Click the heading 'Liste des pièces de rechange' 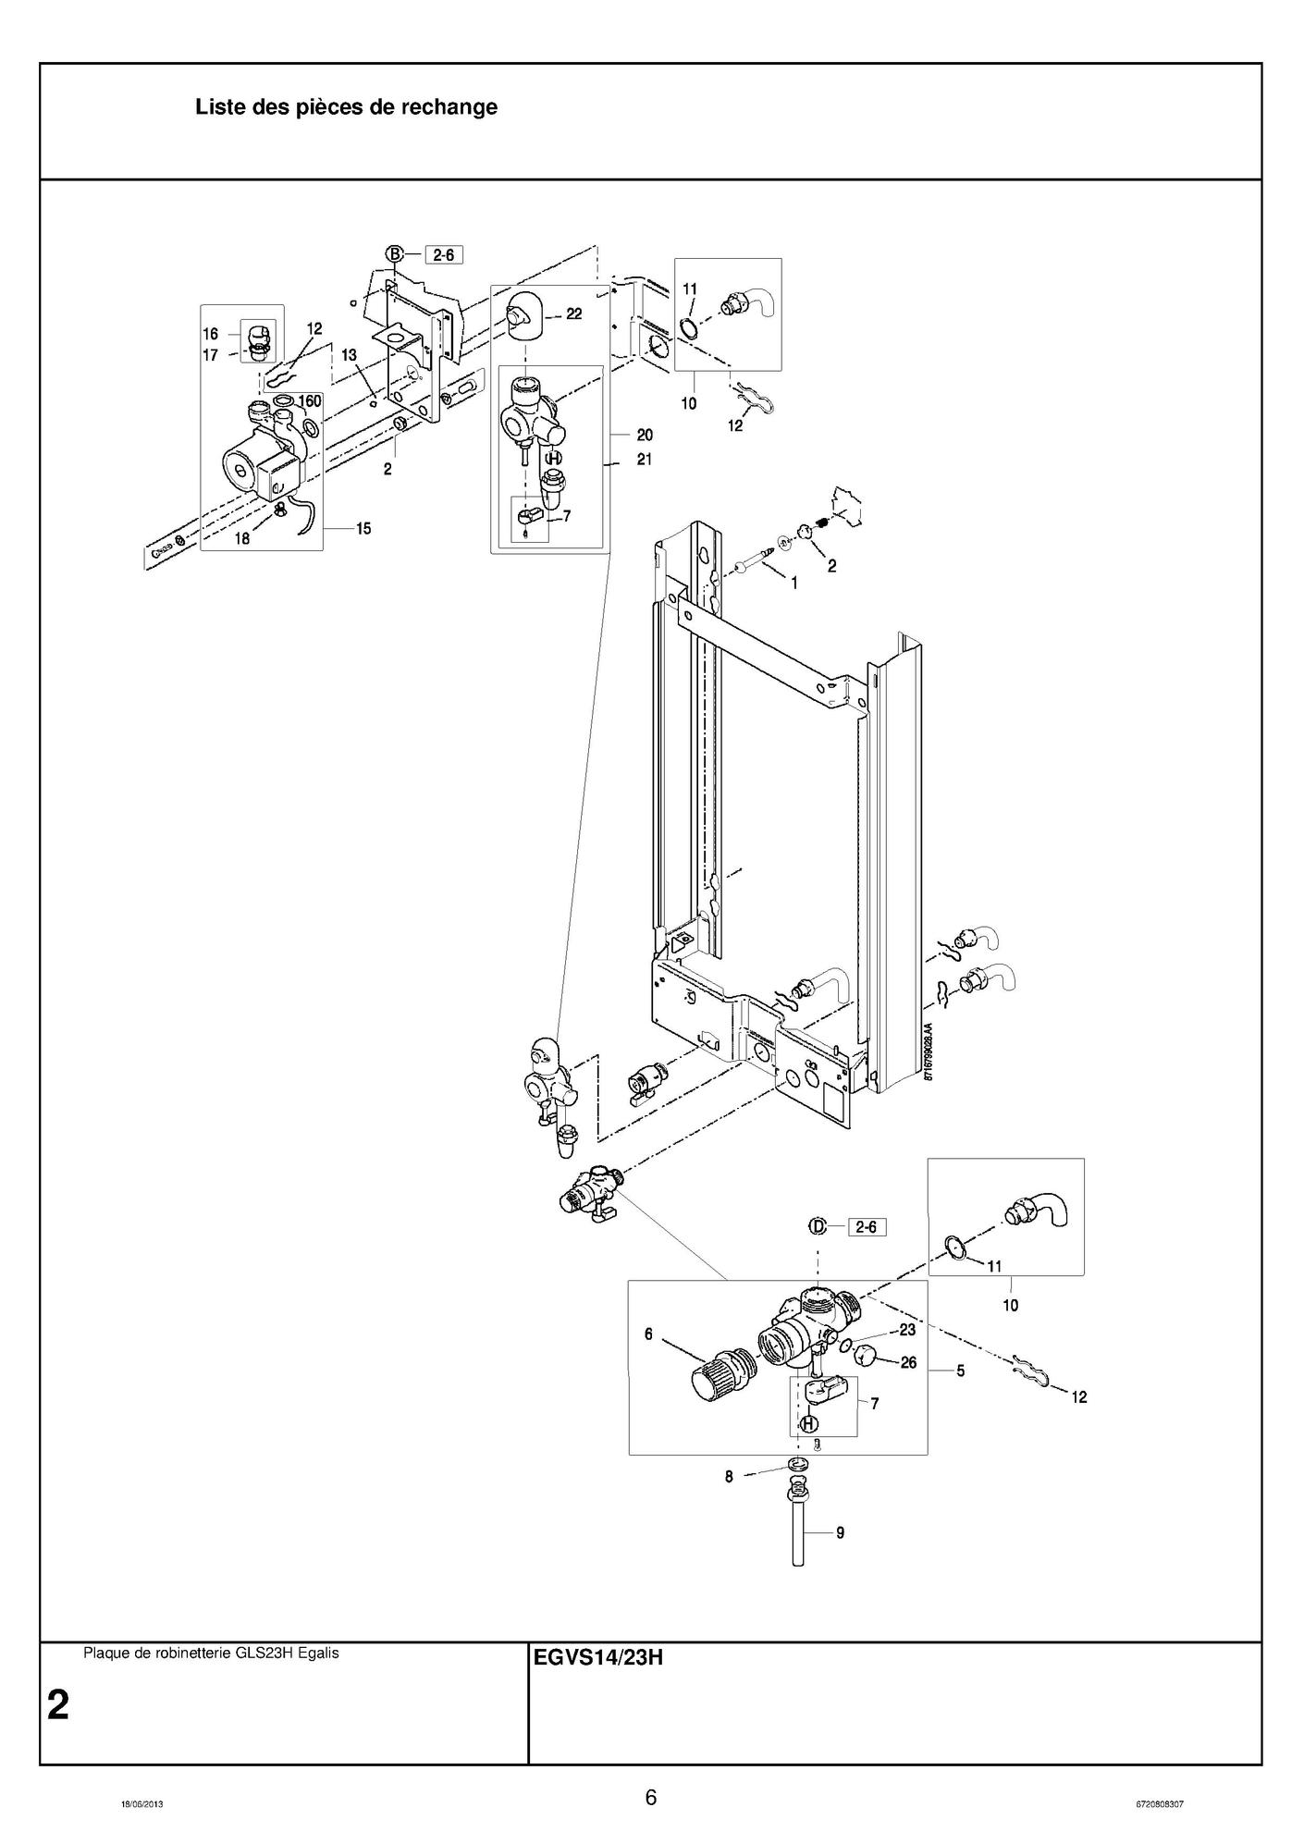pyautogui.click(x=346, y=107)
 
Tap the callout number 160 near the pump pyautogui.click(x=309, y=401)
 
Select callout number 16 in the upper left pyautogui.click(x=211, y=334)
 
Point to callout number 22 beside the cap pyautogui.click(x=574, y=314)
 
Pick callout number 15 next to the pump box pyautogui.click(x=363, y=529)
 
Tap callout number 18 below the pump pyautogui.click(x=241, y=539)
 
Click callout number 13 pyautogui.click(x=349, y=355)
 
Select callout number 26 pyautogui.click(x=908, y=1362)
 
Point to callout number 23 pyautogui.click(x=907, y=1330)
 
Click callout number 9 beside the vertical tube pyautogui.click(x=840, y=1532)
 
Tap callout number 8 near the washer pyautogui.click(x=729, y=1477)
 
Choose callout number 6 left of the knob pyautogui.click(x=649, y=1334)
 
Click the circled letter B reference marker pyautogui.click(x=395, y=254)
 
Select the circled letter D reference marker pyautogui.click(x=818, y=1227)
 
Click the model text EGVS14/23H pyautogui.click(x=598, y=1657)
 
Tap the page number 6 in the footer pyautogui.click(x=651, y=1798)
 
